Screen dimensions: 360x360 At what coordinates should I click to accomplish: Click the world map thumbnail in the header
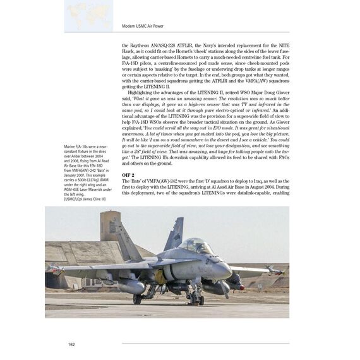[x=89, y=15]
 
